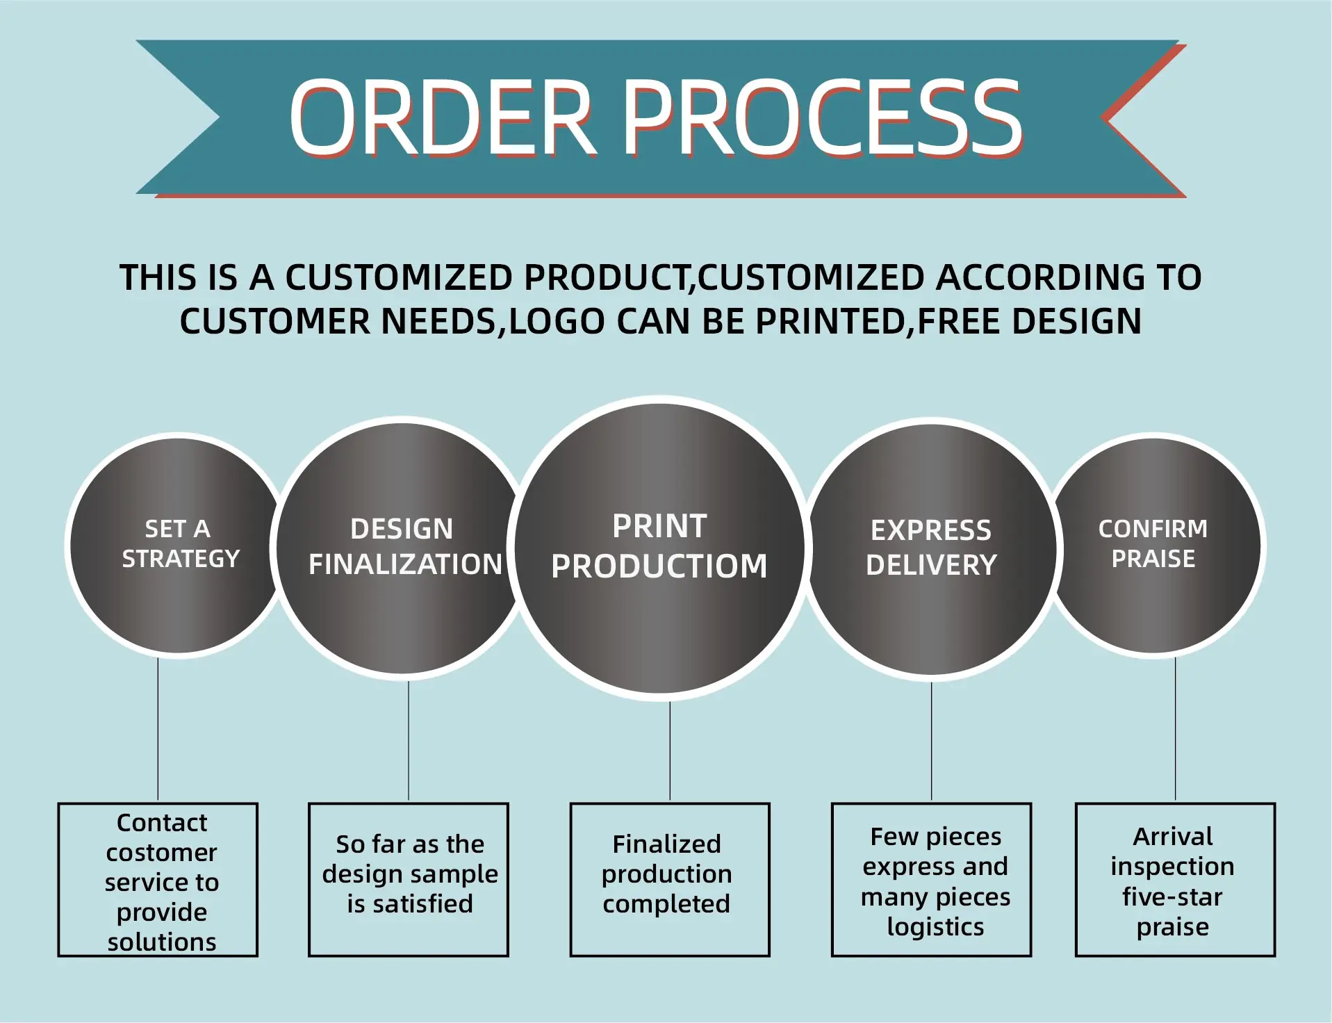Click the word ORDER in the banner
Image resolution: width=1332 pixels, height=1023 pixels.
coord(442,117)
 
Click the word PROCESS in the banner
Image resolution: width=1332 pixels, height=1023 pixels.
coord(821,117)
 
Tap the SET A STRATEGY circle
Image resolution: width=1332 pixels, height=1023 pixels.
coord(179,546)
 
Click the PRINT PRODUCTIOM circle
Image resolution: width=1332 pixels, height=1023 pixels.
coord(659,548)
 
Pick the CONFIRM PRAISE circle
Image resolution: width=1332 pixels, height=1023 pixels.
coord(1153,546)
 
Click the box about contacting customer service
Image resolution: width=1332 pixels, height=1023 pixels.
coord(158,880)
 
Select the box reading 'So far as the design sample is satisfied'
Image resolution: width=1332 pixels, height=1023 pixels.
coord(409,880)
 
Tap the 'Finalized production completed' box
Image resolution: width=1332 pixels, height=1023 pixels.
coord(670,880)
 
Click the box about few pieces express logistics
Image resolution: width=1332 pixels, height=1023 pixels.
coord(931,880)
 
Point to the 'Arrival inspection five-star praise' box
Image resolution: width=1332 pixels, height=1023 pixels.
coord(1175,880)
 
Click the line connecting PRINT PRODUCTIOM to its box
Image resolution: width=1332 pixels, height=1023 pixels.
coord(670,751)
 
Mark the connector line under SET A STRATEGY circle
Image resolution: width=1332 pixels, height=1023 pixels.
coord(158,730)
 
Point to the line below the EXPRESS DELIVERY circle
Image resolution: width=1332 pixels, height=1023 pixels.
coord(931,741)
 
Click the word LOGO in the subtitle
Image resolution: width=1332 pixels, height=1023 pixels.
coord(557,322)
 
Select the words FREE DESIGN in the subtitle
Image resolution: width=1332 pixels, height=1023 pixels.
coord(1030,322)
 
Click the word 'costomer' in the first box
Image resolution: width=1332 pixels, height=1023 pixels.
coord(161,852)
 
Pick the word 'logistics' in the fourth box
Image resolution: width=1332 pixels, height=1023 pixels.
coord(935,927)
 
